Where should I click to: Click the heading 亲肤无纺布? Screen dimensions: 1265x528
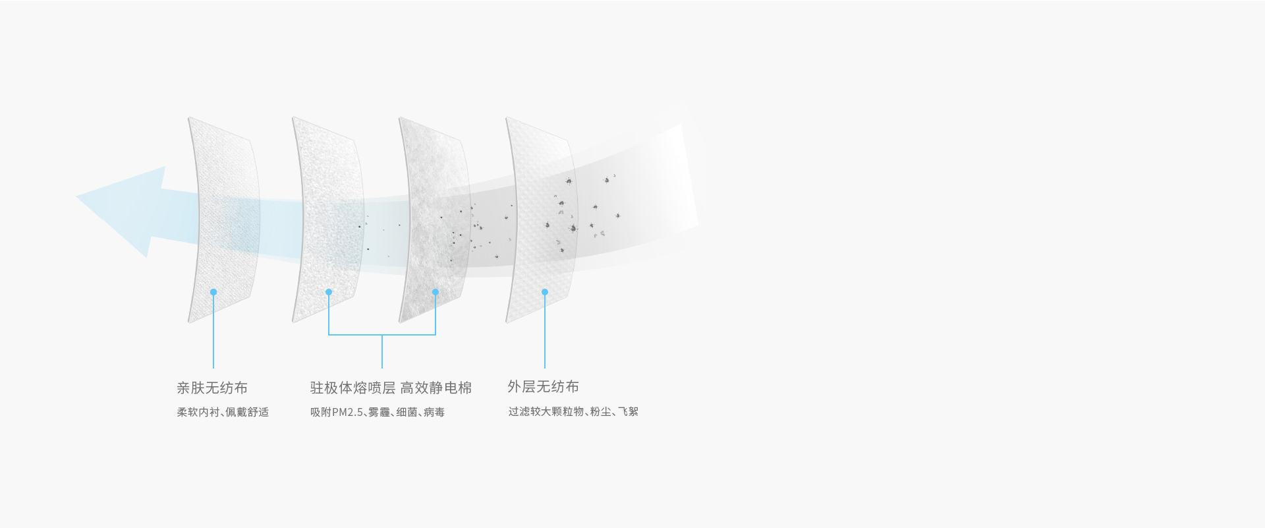pyautogui.click(x=212, y=388)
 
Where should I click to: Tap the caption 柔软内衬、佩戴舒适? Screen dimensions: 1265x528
pyautogui.click(x=223, y=412)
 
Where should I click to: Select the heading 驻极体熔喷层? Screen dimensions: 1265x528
pyautogui.click(x=352, y=388)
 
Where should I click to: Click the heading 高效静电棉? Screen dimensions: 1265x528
pyautogui.click(x=436, y=388)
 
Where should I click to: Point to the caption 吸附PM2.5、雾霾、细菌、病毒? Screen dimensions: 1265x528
pyautogui.click(x=378, y=412)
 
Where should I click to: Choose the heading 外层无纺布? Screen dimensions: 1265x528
pyautogui.click(x=544, y=386)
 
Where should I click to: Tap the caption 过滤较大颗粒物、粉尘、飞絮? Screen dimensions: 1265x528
pyautogui.click(x=573, y=411)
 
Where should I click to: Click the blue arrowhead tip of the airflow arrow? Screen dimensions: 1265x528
pyautogui.click(x=77, y=196)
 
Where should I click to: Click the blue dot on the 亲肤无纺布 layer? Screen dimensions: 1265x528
pyautogui.click(x=213, y=292)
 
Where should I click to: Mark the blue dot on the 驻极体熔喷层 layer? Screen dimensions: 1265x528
pyautogui.click(x=329, y=292)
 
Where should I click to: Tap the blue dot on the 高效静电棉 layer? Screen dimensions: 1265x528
pyautogui.click(x=436, y=292)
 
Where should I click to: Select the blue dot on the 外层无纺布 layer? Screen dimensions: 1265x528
pyautogui.click(x=545, y=292)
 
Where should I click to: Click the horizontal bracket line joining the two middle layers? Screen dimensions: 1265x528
pyautogui.click(x=382, y=335)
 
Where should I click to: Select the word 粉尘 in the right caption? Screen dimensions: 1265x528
pyautogui.click(x=600, y=411)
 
